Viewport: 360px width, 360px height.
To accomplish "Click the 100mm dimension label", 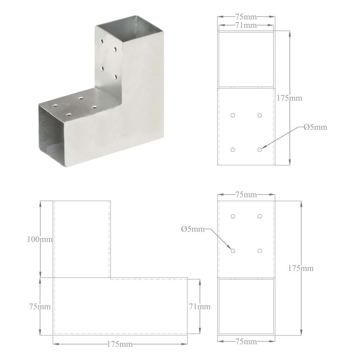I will (40, 239).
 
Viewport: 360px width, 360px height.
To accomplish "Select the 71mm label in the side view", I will (199, 307).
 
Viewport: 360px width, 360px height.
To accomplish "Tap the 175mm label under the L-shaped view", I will (120, 344).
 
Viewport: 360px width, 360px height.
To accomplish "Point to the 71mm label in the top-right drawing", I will (246, 25).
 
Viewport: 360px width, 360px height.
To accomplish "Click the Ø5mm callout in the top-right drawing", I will (315, 127).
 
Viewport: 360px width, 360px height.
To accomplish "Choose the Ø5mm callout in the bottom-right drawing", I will (193, 229).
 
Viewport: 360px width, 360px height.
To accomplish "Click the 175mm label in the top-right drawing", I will (289, 98).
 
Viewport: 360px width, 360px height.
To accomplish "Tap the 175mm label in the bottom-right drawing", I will (301, 268).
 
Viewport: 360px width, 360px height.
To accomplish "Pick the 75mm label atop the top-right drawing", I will (246, 17).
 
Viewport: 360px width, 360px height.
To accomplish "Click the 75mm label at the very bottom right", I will (246, 341).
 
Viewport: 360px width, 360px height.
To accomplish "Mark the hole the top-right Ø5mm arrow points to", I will (259, 150).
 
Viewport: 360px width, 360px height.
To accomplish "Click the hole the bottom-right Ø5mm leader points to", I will (233, 251).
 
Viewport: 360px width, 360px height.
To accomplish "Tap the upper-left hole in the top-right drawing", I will (233, 115).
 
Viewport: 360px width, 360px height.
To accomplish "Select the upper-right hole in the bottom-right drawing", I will (259, 216).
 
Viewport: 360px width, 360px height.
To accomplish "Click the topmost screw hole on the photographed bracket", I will (102, 41).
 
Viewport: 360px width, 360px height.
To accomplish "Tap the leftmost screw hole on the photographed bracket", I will (55, 105).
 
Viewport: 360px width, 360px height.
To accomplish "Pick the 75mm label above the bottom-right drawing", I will (246, 194).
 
